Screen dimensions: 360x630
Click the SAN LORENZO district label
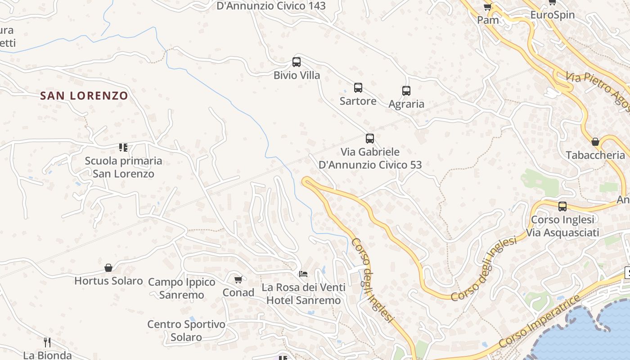[x=84, y=95]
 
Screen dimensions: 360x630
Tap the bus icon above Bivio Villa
[x=297, y=62]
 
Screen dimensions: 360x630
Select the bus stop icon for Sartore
[x=358, y=88]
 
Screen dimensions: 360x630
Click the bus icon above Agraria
[x=406, y=91]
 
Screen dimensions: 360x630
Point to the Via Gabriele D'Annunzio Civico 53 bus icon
[x=370, y=139]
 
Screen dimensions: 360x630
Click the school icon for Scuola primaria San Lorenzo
[x=123, y=147]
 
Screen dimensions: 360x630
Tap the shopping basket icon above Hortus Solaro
[x=108, y=268]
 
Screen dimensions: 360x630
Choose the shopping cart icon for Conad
[x=238, y=279]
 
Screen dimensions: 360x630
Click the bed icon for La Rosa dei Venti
[x=304, y=274]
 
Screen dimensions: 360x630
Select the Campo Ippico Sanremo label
[x=182, y=288]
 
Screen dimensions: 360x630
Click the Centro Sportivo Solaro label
[x=186, y=331]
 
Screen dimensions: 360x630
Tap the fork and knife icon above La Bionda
[x=47, y=342]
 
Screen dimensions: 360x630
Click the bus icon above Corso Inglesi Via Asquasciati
[x=562, y=207]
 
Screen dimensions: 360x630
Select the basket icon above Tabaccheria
[x=595, y=142]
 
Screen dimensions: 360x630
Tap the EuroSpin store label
[x=553, y=15]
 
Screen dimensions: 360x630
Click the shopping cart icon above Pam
[x=488, y=7]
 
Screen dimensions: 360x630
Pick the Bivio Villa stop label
[x=297, y=75]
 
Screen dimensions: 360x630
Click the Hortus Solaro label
[x=108, y=281]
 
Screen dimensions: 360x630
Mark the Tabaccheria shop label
[x=595, y=155]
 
